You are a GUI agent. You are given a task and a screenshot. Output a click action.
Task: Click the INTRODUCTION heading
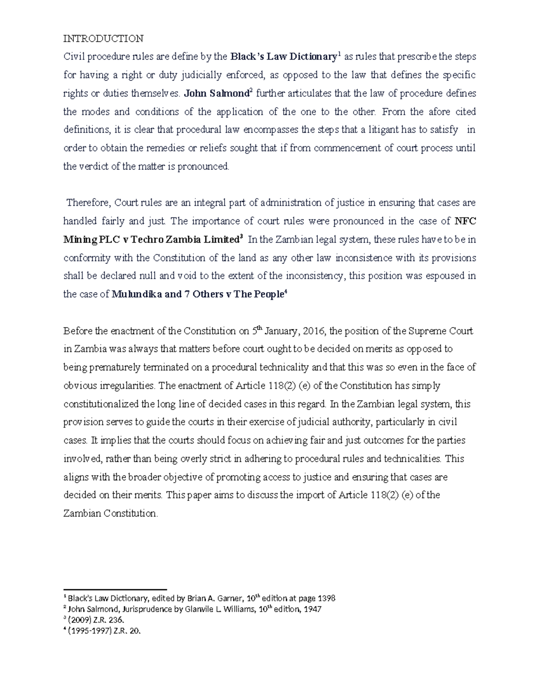[x=103, y=39]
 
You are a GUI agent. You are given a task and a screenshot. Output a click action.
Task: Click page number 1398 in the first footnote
[x=326, y=599]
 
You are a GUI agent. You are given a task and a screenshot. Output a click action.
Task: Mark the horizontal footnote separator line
[x=115, y=589]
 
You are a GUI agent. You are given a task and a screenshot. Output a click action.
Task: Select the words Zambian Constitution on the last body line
[x=110, y=514]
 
